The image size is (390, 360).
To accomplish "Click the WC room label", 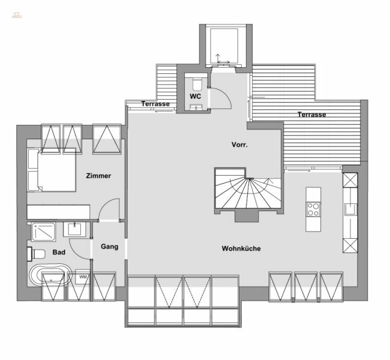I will [196, 96].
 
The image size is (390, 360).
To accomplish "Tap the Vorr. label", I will [240, 145].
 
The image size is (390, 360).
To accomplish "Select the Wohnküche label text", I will [241, 248].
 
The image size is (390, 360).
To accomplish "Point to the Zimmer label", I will [98, 176].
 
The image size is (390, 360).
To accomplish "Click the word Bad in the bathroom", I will [59, 253].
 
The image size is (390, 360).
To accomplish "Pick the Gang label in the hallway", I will [109, 246].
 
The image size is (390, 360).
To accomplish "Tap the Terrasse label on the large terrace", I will [311, 114].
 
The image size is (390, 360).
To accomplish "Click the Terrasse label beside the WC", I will [155, 104].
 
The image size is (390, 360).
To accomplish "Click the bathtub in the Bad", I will [50, 278].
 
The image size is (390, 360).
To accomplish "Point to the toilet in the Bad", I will [35, 253].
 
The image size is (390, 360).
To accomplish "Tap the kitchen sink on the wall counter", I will [349, 209].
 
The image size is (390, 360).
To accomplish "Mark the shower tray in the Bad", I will [43, 230].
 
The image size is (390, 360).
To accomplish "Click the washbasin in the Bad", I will [75, 229].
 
